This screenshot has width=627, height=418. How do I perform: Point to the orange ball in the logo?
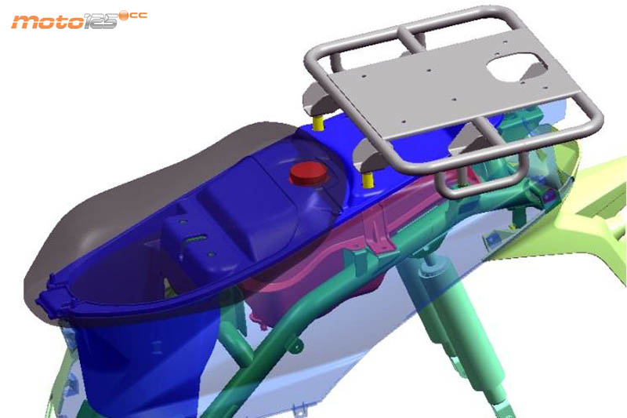click(x=125, y=15)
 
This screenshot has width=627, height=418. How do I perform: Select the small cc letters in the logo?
click(x=139, y=16)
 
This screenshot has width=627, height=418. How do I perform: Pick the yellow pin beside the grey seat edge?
click(x=318, y=123)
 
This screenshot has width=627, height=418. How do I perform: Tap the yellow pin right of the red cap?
click(x=368, y=180)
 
